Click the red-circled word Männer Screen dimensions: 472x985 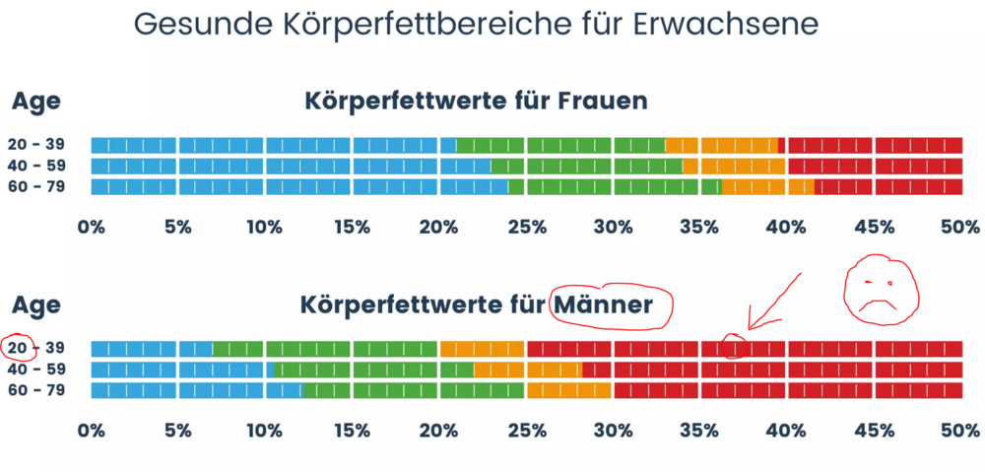coord(605,305)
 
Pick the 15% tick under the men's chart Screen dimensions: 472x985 coord(352,431)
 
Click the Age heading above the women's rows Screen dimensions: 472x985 coord(35,102)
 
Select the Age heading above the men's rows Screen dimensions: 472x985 coord(35,306)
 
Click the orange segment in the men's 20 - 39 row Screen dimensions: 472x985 coord(482,349)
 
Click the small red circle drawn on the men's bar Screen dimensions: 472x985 coord(734,347)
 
